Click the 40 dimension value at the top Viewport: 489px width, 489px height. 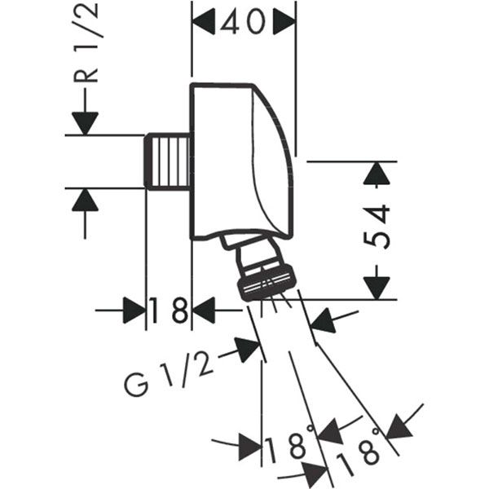click(243, 22)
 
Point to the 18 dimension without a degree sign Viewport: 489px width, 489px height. click(169, 311)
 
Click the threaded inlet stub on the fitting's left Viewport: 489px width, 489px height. click(169, 162)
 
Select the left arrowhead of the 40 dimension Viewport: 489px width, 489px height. click(203, 22)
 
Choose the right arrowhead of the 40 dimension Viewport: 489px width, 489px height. click(284, 22)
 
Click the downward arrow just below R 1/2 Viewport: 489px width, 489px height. click(84, 122)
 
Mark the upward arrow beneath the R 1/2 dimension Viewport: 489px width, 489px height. click(84, 200)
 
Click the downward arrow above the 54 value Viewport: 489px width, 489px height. click(376, 174)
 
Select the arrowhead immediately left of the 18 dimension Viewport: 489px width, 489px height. click(134, 311)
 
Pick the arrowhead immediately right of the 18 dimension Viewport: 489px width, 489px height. click(205, 311)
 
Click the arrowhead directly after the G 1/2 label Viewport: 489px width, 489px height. click(248, 350)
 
